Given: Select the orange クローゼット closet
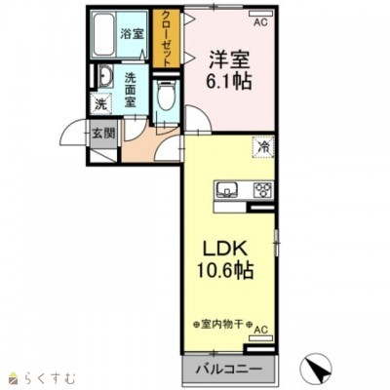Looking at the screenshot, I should click(x=165, y=38).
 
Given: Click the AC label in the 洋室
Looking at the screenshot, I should click(x=260, y=19).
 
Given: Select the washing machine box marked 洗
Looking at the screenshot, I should click(x=101, y=103).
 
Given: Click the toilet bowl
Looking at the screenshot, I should click(x=167, y=97).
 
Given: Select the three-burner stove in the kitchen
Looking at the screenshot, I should click(x=261, y=189).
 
